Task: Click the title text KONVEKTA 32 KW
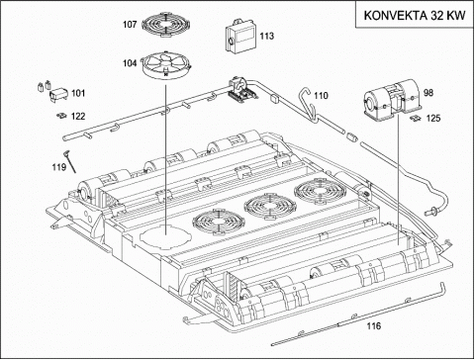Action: tap(415, 16)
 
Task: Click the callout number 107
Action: tap(130, 25)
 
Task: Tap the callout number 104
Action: tap(130, 63)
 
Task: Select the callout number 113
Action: tap(266, 36)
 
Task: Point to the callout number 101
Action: tap(78, 93)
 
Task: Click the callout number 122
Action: tap(78, 117)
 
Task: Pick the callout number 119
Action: tap(59, 167)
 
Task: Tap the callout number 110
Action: tap(321, 96)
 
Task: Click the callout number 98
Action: tap(428, 93)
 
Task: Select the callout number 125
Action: tap(433, 118)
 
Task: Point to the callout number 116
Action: tap(374, 326)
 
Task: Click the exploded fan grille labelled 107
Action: tap(166, 24)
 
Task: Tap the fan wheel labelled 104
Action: tap(166, 65)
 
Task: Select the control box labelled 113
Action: tap(241, 36)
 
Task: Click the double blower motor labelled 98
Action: tap(392, 98)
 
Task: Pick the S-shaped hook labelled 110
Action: tap(308, 104)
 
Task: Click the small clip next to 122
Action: tap(61, 116)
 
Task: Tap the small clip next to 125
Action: tap(417, 118)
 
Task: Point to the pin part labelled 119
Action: tap(70, 161)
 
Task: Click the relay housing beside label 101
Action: tap(58, 94)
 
